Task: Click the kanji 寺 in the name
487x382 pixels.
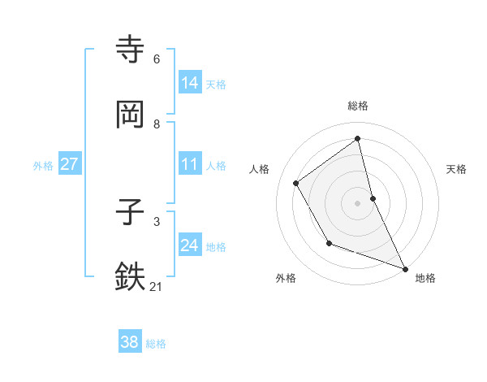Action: click(130, 49)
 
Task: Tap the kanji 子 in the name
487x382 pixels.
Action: click(130, 214)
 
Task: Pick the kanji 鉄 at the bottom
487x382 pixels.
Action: click(130, 276)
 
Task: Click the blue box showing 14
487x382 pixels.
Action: click(190, 83)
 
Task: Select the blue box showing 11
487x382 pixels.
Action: click(190, 164)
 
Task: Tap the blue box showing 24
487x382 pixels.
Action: click(190, 245)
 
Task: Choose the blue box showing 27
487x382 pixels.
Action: click(69, 164)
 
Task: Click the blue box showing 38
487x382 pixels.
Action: click(129, 342)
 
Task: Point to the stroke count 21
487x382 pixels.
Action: click(156, 286)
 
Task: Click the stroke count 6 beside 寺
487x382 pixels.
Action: click(157, 59)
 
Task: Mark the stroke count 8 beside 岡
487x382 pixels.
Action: click(157, 124)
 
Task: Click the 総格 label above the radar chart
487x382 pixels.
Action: click(358, 106)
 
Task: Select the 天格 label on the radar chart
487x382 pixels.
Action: click(456, 169)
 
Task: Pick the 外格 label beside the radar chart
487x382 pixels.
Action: click(286, 278)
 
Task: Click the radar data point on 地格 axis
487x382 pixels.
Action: click(405, 268)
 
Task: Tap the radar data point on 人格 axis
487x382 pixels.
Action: click(296, 183)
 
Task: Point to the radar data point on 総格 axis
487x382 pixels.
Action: click(358, 139)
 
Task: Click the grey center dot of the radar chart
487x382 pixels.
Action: click(358, 203)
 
